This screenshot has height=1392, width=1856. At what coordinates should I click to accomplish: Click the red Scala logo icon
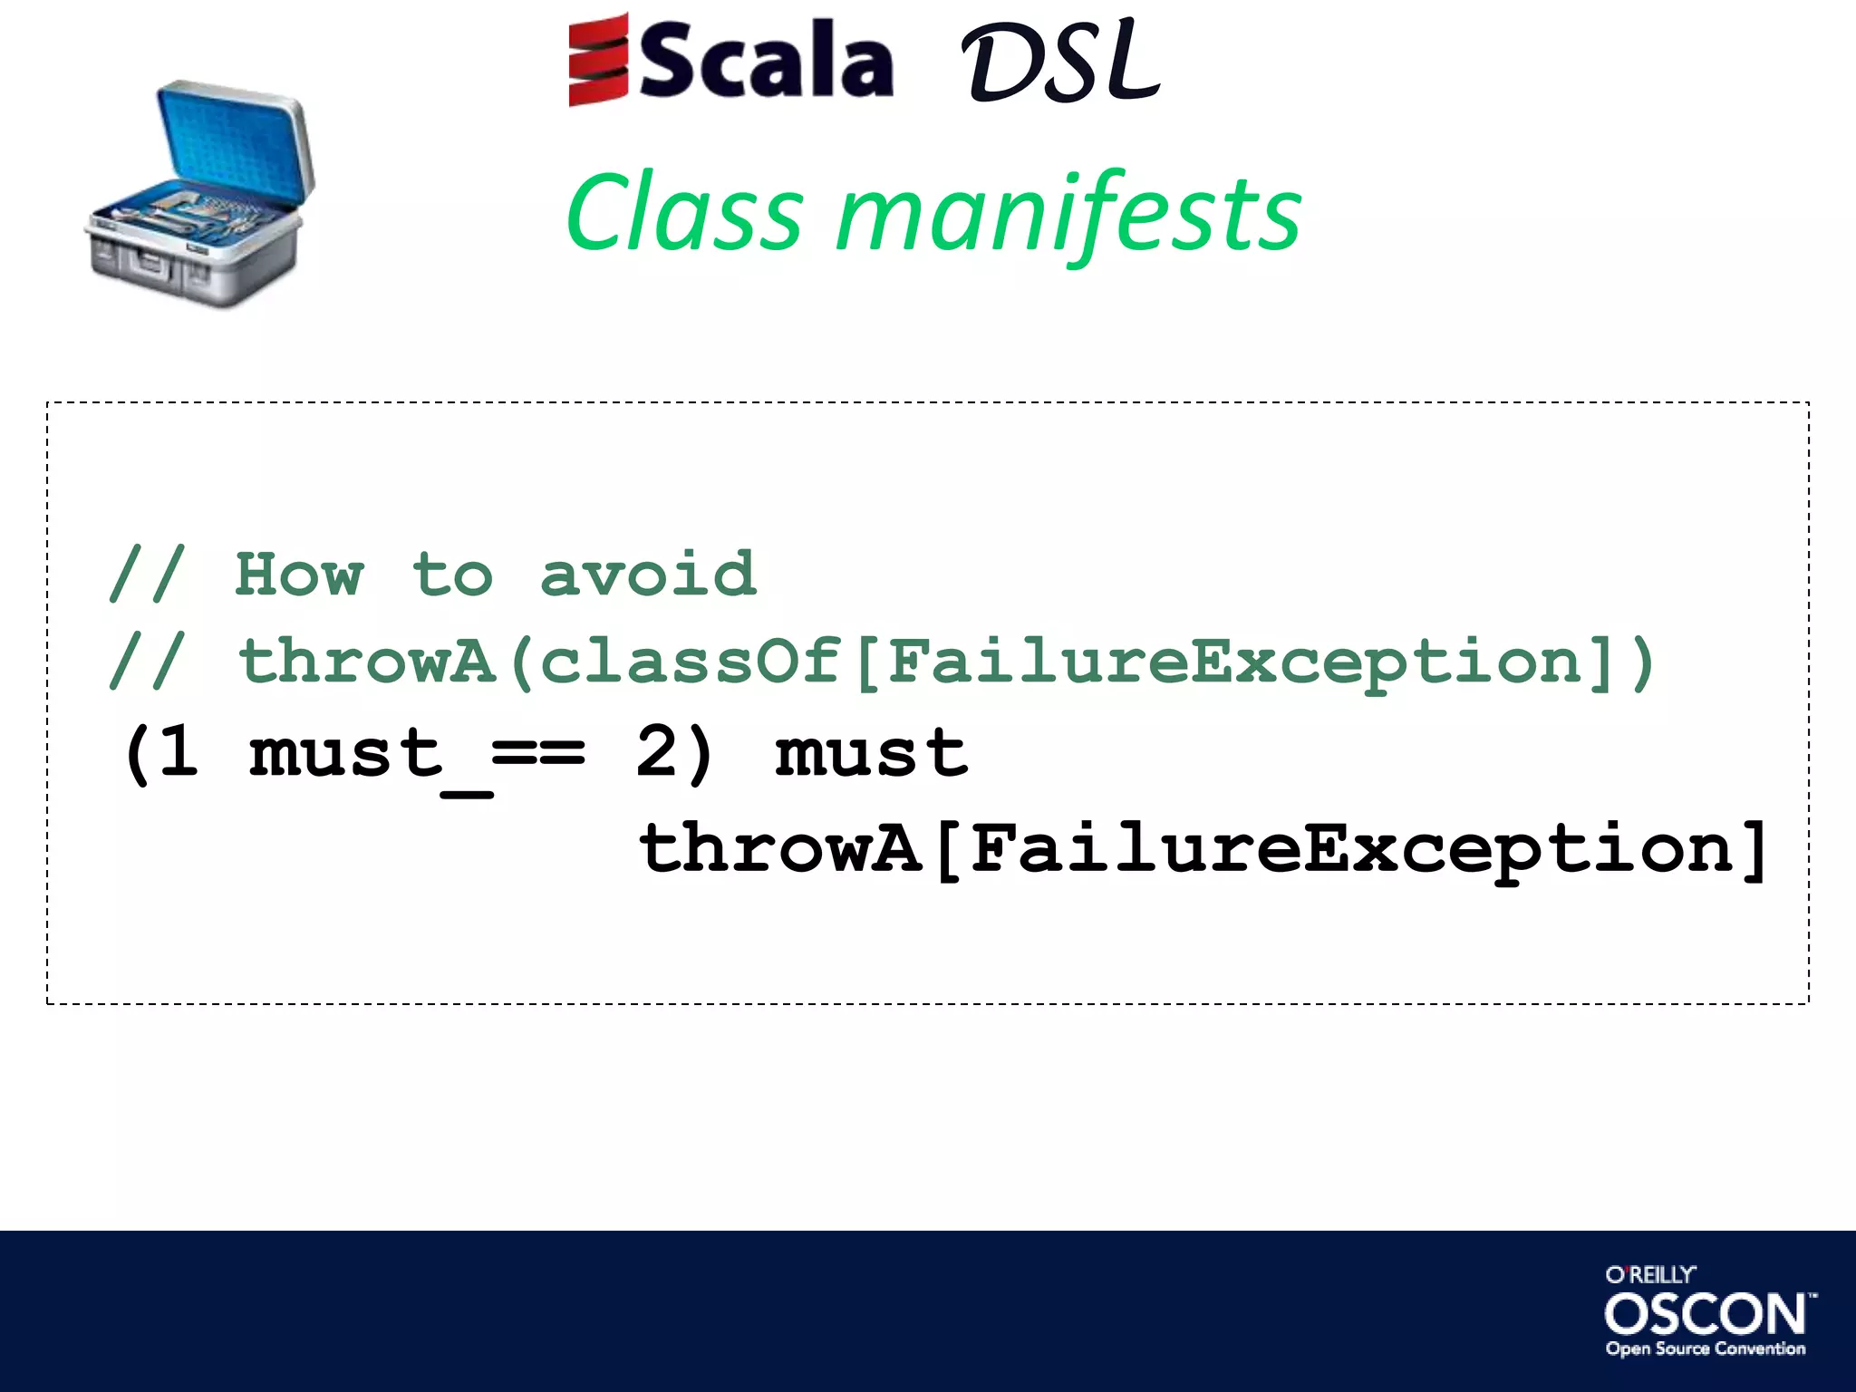coord(598,60)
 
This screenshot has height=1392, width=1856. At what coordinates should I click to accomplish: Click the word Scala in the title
coord(767,62)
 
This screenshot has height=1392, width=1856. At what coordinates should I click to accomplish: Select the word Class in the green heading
coord(685,214)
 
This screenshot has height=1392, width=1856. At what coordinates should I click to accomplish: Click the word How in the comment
coord(299,575)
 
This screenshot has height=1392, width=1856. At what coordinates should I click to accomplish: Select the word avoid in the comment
coord(647,575)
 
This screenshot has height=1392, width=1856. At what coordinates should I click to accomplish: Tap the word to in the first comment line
coord(452,575)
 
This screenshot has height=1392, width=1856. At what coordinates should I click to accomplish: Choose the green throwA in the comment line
coord(366,662)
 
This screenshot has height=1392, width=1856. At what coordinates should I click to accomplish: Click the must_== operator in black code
coord(417,754)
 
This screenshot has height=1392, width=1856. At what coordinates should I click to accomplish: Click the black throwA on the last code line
coord(779,849)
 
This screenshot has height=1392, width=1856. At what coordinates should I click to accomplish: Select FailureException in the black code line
coord(1350,849)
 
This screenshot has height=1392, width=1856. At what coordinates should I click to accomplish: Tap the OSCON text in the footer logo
coord(1705,1314)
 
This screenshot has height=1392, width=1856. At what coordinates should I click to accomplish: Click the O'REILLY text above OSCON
coord(1649,1275)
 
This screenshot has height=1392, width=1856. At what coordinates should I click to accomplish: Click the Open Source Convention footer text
coord(1705,1348)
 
